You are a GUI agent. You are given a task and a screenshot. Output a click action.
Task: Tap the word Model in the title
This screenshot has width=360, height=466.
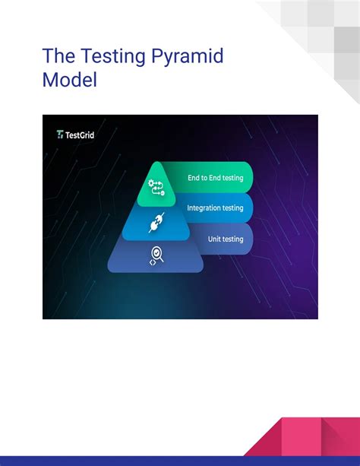click(70, 79)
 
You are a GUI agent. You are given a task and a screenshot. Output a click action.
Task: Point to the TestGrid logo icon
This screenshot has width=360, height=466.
click(61, 135)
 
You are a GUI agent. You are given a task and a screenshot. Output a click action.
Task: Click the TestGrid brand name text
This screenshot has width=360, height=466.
click(81, 135)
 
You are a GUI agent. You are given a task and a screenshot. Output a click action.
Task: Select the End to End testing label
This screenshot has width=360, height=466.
click(216, 178)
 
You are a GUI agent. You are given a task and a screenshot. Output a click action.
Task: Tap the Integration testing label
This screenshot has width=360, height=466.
click(215, 208)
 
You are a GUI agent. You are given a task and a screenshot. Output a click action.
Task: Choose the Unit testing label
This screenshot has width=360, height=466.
click(226, 239)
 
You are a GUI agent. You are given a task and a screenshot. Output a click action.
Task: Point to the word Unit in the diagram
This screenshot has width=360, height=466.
click(215, 239)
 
